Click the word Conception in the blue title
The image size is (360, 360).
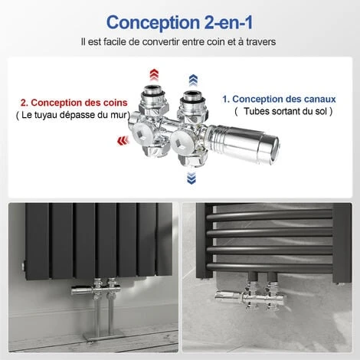point(153,23)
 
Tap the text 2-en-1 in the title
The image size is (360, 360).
point(228,22)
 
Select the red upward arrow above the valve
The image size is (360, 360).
point(154,75)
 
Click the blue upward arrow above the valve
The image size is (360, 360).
point(193,80)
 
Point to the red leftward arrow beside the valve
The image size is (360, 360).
point(123,141)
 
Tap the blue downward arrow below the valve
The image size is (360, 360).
point(191,178)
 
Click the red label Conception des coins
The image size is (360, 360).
point(74,103)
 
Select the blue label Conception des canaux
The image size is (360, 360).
point(279,99)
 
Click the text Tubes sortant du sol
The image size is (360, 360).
point(285,111)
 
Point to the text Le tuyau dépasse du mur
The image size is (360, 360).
point(74,115)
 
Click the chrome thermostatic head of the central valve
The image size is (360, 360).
point(243,143)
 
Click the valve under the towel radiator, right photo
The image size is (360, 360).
point(250,296)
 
